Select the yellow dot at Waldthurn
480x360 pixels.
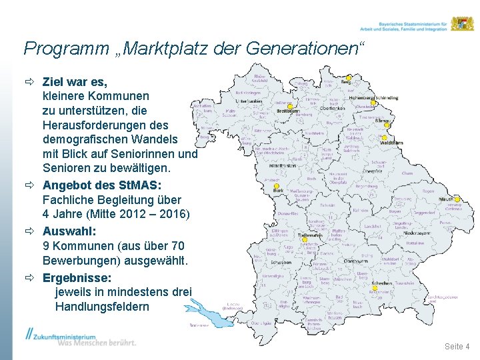coord(381,137)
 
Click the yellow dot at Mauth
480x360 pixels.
coord(440,199)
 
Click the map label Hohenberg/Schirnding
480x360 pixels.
coord(373,97)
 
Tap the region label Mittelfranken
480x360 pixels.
coord(282,165)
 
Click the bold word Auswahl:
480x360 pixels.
coord(69,231)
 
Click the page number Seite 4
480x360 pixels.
coord(457,346)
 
